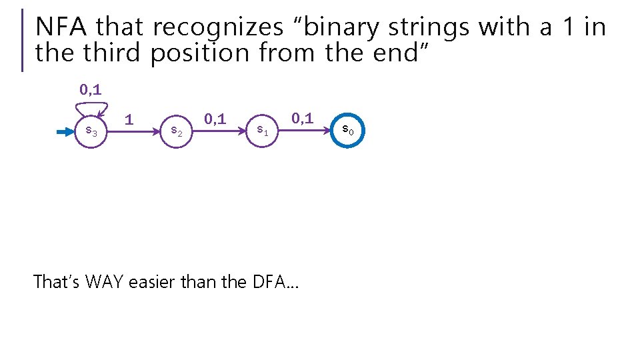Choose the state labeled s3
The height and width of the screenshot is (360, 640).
pyautogui.click(x=91, y=132)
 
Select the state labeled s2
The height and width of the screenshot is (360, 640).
pyautogui.click(x=177, y=131)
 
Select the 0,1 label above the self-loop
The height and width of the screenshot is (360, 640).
pyautogui.click(x=91, y=89)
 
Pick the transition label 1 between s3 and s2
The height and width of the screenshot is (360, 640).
pyautogui.click(x=129, y=119)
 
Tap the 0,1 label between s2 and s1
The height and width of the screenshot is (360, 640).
pyautogui.click(x=215, y=119)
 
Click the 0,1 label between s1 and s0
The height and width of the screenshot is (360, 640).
pyautogui.click(x=301, y=119)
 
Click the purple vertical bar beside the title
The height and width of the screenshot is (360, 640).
pyautogui.click(x=23, y=40)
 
